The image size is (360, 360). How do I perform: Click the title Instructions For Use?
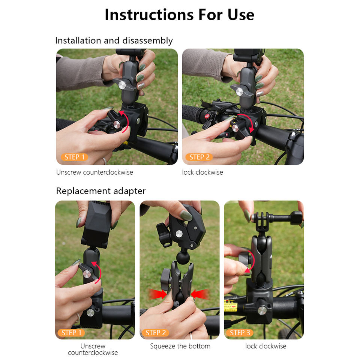click(179, 15)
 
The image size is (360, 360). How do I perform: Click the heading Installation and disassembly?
click(114, 40)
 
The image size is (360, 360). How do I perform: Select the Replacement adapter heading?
click(101, 191)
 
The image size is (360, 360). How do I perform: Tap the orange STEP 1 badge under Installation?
click(74, 157)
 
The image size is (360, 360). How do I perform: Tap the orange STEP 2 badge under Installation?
click(199, 157)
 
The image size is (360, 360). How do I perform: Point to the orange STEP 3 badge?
click(240, 333)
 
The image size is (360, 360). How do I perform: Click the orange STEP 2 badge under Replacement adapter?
click(155, 333)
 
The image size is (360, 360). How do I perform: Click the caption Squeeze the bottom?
click(180, 346)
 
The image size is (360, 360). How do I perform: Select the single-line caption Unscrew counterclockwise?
click(94, 172)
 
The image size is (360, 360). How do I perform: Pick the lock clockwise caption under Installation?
click(202, 172)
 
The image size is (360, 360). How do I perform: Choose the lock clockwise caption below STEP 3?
click(266, 346)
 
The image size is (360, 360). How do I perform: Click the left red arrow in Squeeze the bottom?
click(158, 294)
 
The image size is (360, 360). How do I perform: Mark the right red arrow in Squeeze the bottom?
click(199, 294)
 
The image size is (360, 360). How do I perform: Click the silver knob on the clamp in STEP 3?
click(262, 310)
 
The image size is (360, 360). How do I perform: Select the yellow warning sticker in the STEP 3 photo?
click(230, 306)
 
